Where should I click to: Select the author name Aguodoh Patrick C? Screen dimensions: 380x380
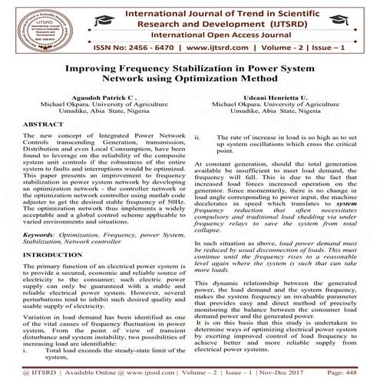tap(101, 98)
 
